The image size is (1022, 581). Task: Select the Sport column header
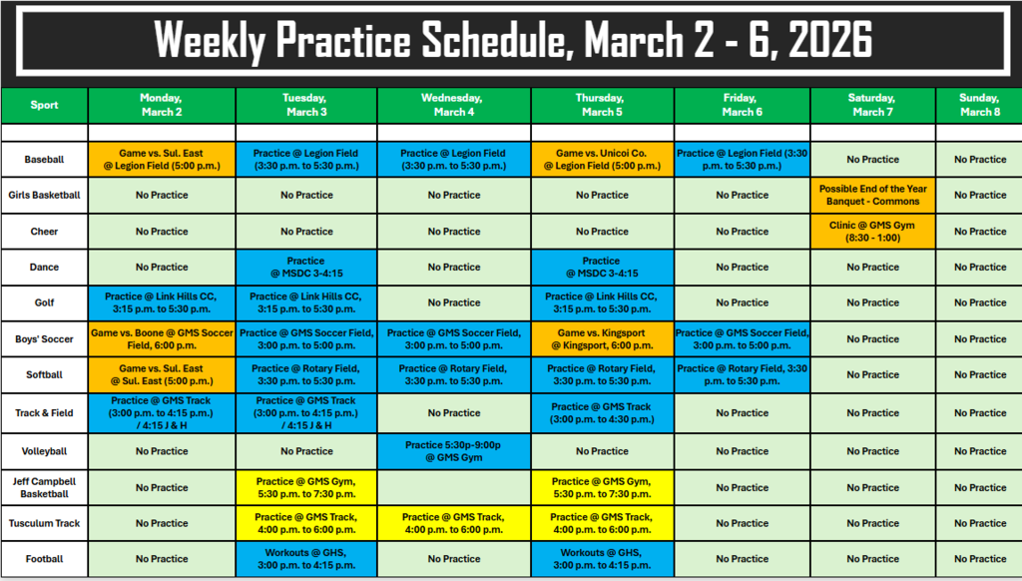pyautogui.click(x=44, y=105)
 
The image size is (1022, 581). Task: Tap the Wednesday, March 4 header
pyautogui.click(x=454, y=105)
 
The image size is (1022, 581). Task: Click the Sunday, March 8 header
pyautogui.click(x=979, y=105)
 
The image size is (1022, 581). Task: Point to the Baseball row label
pyautogui.click(x=44, y=159)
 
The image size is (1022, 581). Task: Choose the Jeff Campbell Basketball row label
pyautogui.click(x=44, y=487)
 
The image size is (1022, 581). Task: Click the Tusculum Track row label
pyautogui.click(x=44, y=523)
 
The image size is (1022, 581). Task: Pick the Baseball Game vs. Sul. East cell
pyautogui.click(x=162, y=159)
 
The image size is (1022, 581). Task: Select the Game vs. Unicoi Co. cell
pyautogui.click(x=602, y=159)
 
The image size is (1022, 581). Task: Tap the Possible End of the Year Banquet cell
pyautogui.click(x=872, y=195)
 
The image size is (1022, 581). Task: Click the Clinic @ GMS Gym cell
pyautogui.click(x=872, y=231)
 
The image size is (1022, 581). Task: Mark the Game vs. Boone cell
pyautogui.click(x=162, y=338)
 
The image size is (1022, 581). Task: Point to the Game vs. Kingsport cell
pyautogui.click(x=602, y=338)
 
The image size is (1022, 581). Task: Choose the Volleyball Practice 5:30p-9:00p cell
pyautogui.click(x=454, y=450)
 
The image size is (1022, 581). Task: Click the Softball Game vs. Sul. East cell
pyautogui.click(x=162, y=374)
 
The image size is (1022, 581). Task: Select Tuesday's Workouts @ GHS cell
pyautogui.click(x=306, y=558)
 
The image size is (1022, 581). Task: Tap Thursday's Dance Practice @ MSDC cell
pyautogui.click(x=602, y=267)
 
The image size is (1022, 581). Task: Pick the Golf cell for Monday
pyautogui.click(x=162, y=302)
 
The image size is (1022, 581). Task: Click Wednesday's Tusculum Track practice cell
pyautogui.click(x=454, y=523)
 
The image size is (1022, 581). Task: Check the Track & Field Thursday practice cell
pyautogui.click(x=602, y=412)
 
